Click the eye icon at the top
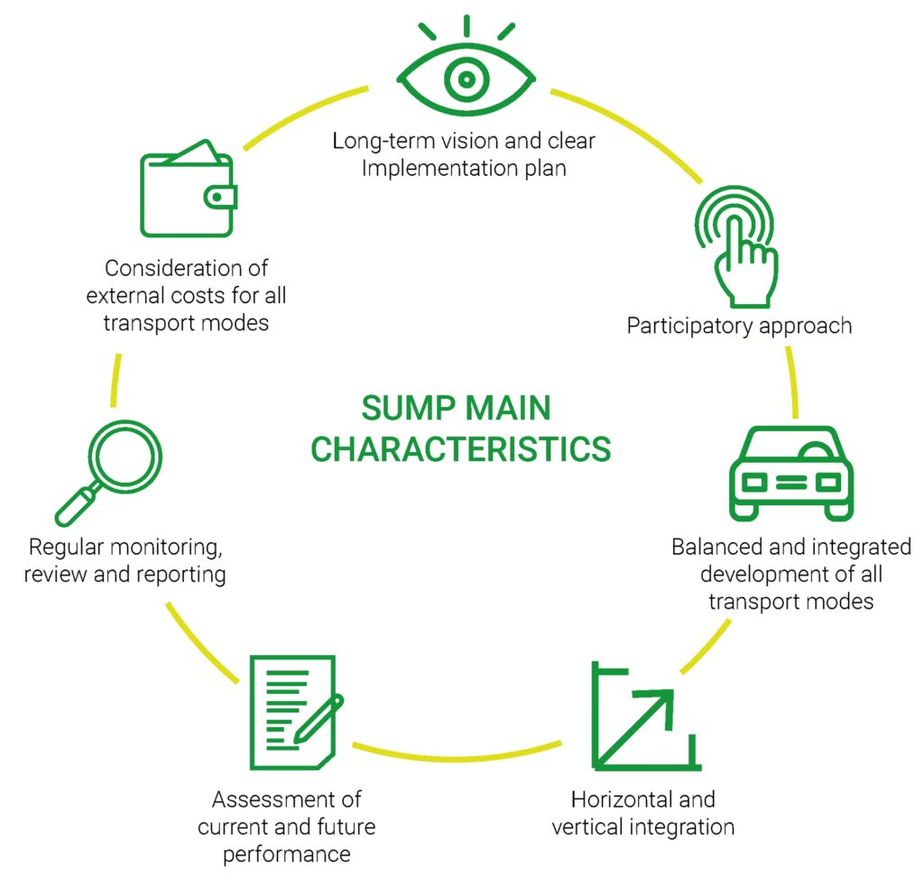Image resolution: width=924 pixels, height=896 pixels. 466,79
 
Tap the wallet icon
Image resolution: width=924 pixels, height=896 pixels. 188,193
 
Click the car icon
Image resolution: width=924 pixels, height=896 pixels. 790,473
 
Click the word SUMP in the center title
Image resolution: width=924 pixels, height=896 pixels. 405,409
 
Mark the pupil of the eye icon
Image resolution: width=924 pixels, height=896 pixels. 466,79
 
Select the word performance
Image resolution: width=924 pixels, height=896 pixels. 286,854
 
